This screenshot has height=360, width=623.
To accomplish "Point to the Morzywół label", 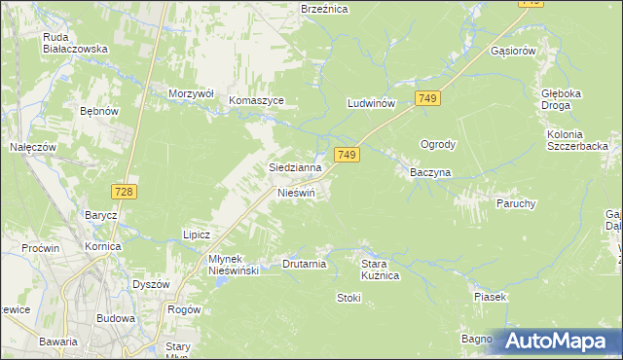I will [x=190, y=93].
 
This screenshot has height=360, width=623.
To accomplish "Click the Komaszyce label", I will [x=256, y=100].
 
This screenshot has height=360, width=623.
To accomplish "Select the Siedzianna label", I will [x=295, y=167].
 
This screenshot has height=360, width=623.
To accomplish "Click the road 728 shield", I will [x=124, y=192].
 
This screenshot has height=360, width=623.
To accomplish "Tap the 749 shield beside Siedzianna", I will [x=348, y=155].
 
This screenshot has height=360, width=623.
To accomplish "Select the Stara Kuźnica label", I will [x=381, y=270].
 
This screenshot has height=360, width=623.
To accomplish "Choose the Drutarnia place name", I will [x=304, y=264].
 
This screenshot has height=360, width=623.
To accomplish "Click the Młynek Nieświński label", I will [x=233, y=265].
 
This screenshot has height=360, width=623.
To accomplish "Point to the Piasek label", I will [x=491, y=297].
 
